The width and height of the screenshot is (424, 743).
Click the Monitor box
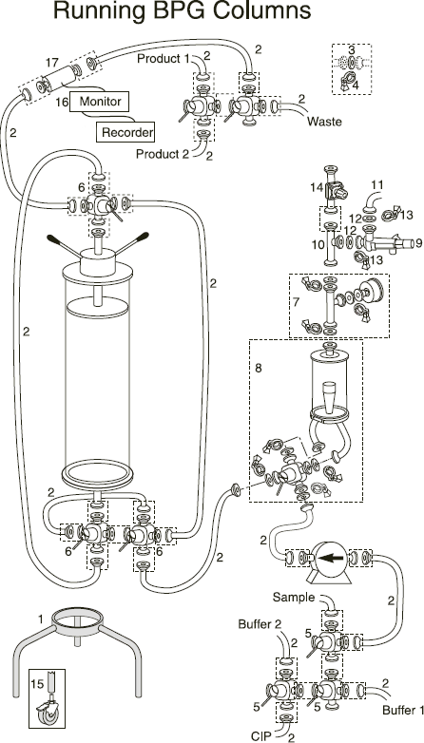(100, 102)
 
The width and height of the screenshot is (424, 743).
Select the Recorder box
(125, 132)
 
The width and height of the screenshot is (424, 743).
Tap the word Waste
(324, 122)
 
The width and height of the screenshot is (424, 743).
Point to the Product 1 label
(163, 59)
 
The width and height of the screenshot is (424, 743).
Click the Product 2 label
(163, 154)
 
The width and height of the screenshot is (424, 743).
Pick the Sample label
(294, 598)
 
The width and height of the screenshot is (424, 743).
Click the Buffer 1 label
(404, 711)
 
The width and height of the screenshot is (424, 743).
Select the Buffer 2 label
(260, 624)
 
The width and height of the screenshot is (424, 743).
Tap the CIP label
(262, 735)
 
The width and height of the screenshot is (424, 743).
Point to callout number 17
(52, 63)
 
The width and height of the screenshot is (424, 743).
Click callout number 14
(317, 187)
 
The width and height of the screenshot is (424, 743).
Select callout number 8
(259, 369)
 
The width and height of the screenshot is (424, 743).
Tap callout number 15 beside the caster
(37, 684)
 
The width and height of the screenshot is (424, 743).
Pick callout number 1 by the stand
(40, 619)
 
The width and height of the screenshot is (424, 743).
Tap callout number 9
(418, 243)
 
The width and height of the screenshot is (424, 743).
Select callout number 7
(296, 302)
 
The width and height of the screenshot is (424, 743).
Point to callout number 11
(377, 184)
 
